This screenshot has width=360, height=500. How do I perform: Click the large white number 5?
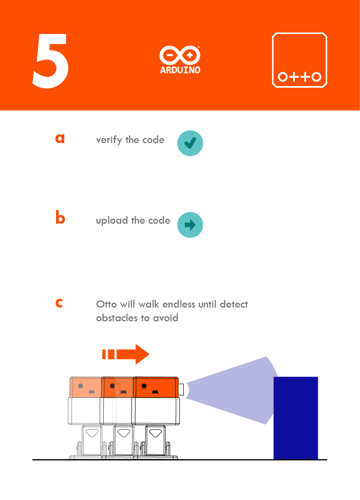pos(50,61)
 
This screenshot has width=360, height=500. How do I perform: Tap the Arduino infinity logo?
pos(179,55)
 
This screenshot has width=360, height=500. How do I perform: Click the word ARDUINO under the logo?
pos(179,70)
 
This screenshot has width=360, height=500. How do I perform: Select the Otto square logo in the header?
pos(300,60)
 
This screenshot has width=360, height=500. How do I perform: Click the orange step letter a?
pos(60,138)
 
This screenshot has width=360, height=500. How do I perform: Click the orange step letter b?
pos(60,218)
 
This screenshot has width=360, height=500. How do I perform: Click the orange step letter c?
pos(59,303)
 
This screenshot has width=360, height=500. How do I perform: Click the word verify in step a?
pos(109,140)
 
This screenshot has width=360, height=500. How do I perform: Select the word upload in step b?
pos(112,220)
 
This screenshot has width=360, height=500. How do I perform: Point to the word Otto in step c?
pos(106,304)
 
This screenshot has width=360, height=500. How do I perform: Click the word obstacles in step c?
pos(118,318)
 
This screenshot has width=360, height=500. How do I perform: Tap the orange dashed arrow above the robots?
pos(126,354)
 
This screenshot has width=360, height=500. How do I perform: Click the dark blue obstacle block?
pos(295,418)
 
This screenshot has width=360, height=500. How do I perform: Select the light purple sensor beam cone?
pos(236,390)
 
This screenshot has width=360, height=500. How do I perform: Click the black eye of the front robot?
pos(144,386)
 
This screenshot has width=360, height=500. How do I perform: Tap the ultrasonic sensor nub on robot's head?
pos(181,389)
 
